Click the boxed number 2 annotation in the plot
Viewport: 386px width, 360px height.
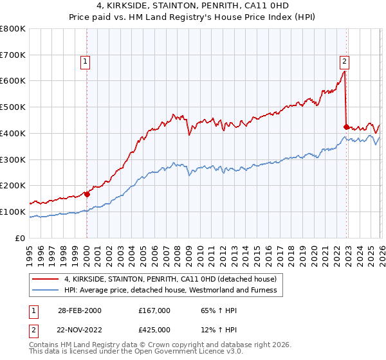[x=345, y=62]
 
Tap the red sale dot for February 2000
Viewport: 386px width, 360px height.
[x=87, y=194]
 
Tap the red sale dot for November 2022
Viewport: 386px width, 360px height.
[x=347, y=127]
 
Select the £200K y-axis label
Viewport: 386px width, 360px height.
[x=13, y=185]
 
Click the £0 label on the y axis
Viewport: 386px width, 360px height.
[x=21, y=238]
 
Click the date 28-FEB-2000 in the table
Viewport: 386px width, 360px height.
[x=79, y=310]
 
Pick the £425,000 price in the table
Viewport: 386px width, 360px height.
[x=154, y=329]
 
